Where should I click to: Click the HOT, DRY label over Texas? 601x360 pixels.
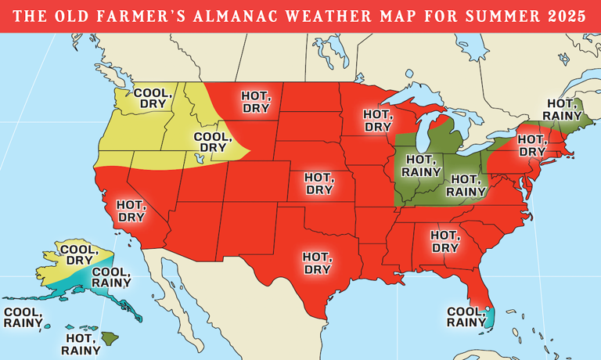click(x=317, y=262)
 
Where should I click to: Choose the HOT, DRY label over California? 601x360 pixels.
click(x=130, y=211)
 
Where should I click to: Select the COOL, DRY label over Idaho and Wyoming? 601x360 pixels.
click(x=212, y=142)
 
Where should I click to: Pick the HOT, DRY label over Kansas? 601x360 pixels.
click(x=318, y=184)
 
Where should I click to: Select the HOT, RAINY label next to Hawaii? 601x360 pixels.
click(x=84, y=344)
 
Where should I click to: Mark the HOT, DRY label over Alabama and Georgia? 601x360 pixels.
click(x=445, y=239)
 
